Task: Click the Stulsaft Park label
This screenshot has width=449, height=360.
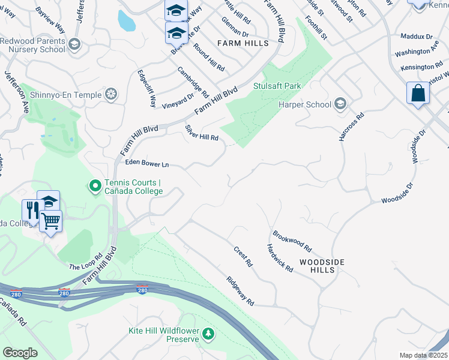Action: click(277, 86)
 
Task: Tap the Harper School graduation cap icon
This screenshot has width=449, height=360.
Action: click(340, 104)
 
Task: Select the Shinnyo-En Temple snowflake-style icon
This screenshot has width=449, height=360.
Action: click(110, 94)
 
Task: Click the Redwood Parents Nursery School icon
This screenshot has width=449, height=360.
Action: click(74, 44)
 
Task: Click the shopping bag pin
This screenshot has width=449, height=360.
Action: click(418, 94)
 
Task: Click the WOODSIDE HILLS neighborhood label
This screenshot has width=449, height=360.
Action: click(322, 266)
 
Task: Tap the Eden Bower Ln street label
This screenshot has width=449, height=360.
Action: click(147, 163)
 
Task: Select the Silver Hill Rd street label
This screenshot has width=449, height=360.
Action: click(201, 133)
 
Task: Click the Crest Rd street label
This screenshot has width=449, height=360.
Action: click(243, 256)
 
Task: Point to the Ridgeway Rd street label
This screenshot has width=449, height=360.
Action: click(240, 290)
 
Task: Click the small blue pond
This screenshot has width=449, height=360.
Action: click(126, 21)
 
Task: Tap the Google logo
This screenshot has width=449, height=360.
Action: click(20, 352)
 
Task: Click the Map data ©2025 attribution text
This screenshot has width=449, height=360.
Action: click(423, 355)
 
